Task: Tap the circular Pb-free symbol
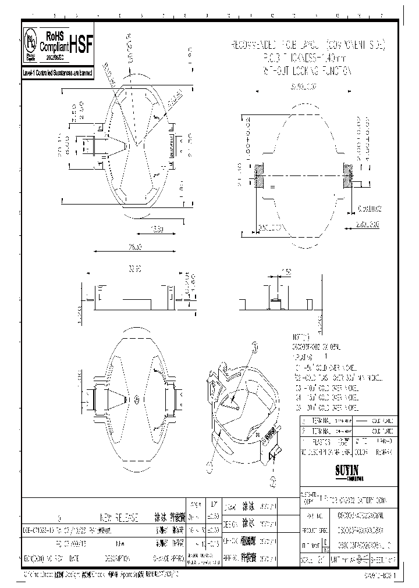coord(31,42)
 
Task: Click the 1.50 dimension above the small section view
coord(286,272)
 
